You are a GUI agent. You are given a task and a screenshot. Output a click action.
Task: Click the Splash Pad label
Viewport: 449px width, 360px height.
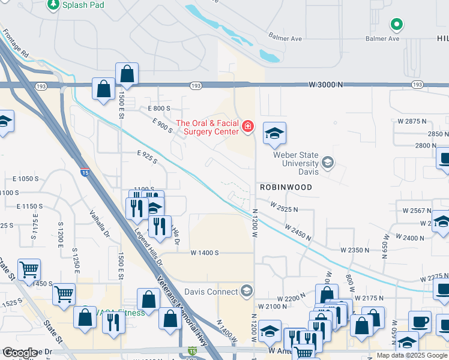point(83,5)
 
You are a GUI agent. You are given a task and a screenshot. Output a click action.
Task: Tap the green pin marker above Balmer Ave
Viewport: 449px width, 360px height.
point(396,25)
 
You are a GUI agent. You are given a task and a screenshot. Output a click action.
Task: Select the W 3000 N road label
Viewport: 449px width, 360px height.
point(327,85)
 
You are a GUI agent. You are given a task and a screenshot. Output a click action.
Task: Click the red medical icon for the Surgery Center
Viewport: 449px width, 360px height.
point(248,126)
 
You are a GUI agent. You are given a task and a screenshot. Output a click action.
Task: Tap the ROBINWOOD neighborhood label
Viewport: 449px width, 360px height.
point(286,187)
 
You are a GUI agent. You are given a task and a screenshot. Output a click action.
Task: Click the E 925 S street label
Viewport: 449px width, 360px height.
point(146,157)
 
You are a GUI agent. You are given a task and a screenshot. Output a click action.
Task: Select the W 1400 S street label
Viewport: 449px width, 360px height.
point(205,253)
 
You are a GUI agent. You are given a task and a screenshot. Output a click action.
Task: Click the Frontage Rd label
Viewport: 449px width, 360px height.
point(19,43)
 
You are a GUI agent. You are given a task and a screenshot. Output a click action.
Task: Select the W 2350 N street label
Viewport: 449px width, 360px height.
point(355,249)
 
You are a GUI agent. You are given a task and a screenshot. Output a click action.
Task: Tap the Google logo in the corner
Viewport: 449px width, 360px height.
point(20,353)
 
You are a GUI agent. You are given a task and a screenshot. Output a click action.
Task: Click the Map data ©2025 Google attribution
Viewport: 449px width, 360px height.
point(411,355)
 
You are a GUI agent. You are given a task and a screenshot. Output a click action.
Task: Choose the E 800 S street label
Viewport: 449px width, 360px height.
point(159,108)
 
